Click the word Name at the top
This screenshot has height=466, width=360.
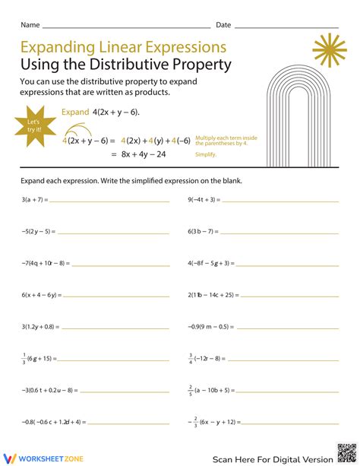(x=30, y=25)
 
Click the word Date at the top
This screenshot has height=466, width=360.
(x=223, y=25)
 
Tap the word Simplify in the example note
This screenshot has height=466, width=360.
(x=206, y=154)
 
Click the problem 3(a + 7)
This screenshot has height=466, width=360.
(x=35, y=200)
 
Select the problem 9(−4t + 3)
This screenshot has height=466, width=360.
(x=204, y=200)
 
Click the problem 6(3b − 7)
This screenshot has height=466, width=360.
(x=203, y=231)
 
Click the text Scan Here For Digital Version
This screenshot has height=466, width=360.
(x=272, y=458)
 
